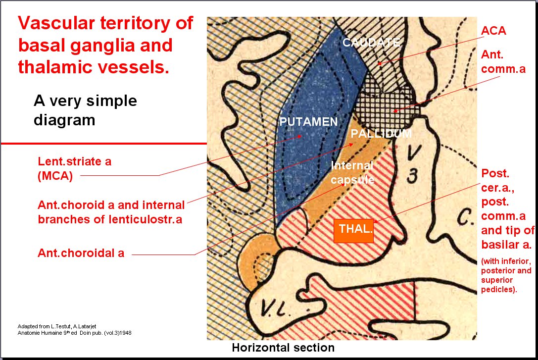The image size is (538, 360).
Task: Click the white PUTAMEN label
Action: [308, 121]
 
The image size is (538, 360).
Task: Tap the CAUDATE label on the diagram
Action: [371, 42]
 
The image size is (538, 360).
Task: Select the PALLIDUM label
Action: [381, 134]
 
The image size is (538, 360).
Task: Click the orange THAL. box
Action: [354, 231]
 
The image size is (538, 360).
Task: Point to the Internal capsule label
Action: [352, 173]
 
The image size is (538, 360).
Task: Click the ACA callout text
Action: [493, 31]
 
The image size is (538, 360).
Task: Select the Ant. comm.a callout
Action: [503, 61]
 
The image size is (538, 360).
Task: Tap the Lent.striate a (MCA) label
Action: [74, 168]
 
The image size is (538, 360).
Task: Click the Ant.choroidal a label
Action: [81, 253]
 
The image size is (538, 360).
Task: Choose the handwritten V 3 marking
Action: [413, 164]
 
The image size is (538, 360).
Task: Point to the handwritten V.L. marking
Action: [276, 308]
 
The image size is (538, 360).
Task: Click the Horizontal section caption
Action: [283, 348]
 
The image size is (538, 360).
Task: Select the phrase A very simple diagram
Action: [85, 110]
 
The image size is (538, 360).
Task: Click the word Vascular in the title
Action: [56, 23]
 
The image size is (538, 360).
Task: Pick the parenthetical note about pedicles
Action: [506, 275]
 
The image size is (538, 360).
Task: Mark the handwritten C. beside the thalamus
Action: [465, 217]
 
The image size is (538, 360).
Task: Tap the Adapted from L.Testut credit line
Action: [57, 326]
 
